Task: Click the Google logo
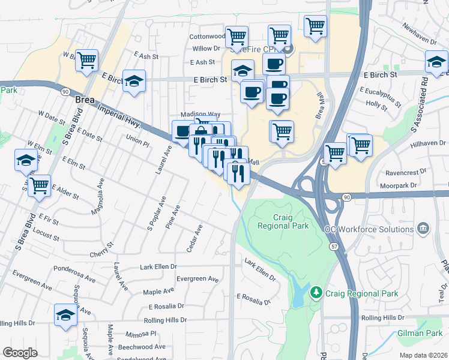20,353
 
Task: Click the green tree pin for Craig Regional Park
316,292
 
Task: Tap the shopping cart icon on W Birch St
87,61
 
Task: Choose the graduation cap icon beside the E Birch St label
134,81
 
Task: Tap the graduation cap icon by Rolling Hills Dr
65,316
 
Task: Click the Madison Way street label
200,114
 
